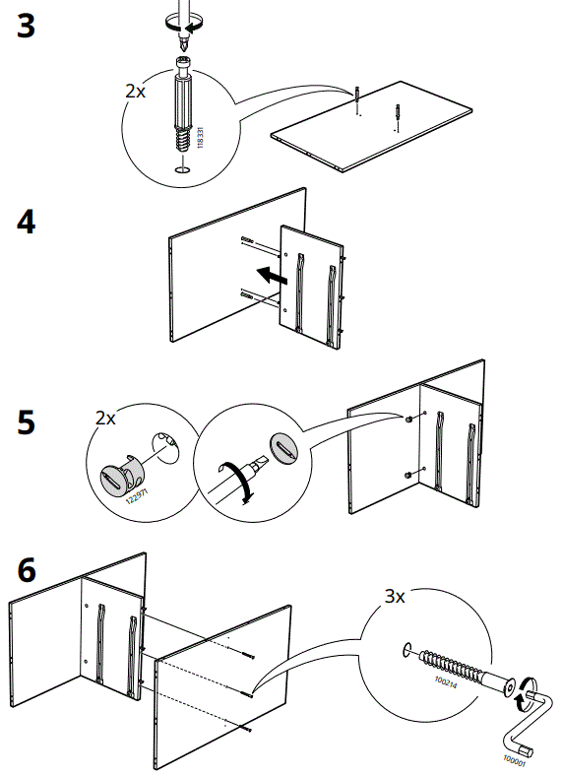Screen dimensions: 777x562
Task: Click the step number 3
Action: tap(27, 27)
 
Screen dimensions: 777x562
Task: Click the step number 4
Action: tap(27, 223)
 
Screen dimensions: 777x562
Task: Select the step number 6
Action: tap(27, 570)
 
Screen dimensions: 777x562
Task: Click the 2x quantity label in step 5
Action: tap(105, 418)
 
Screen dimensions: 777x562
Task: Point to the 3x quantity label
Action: tap(396, 596)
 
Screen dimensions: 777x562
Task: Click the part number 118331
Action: tap(200, 137)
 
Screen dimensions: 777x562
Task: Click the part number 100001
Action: tap(514, 758)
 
